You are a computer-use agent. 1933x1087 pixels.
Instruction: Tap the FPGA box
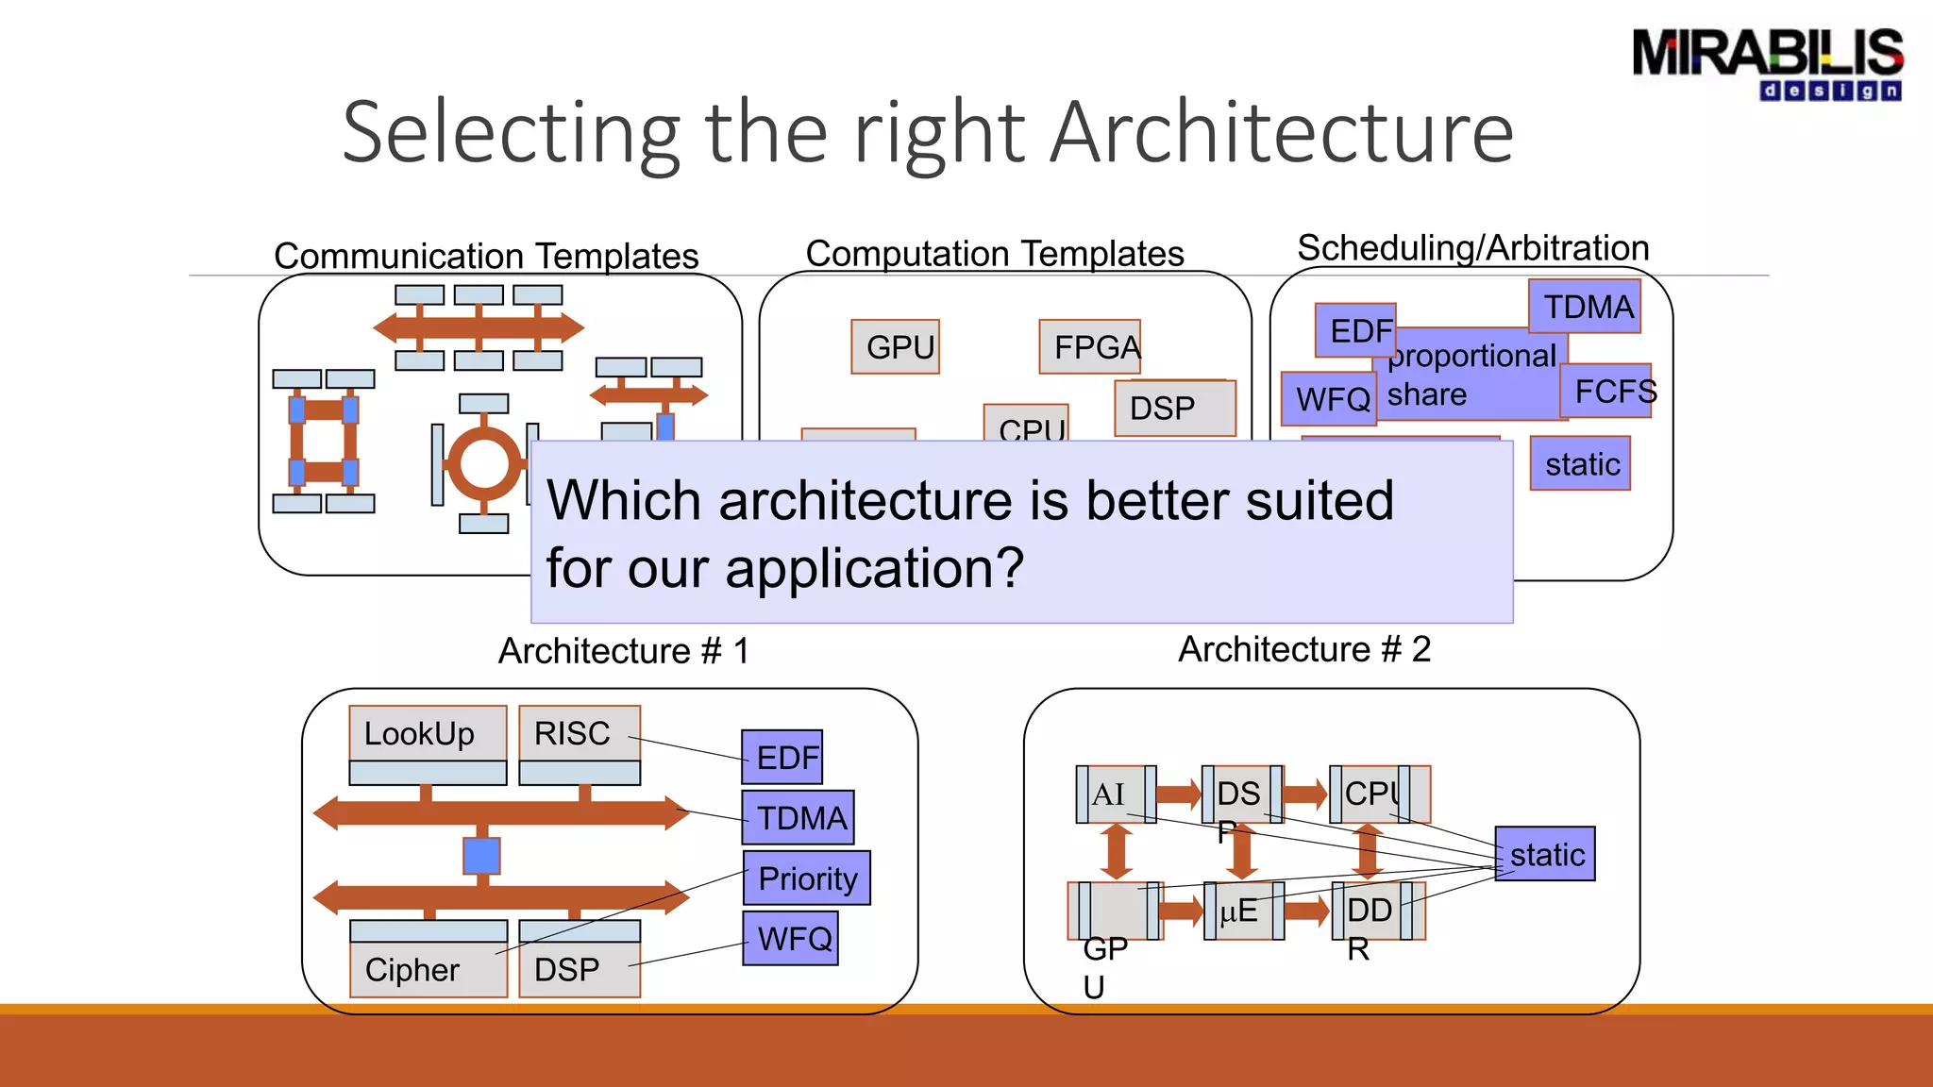click(1090, 347)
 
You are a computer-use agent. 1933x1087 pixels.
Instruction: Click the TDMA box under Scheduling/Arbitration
click(1586, 307)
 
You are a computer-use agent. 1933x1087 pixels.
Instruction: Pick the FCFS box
click(1607, 391)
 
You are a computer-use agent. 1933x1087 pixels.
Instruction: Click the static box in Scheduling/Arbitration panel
click(1581, 463)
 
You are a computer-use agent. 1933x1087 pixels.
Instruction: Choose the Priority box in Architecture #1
click(807, 878)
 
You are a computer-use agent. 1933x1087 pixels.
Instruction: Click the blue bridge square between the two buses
click(481, 856)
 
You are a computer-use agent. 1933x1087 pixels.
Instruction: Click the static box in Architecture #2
click(1545, 854)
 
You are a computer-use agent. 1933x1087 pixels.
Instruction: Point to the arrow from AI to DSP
click(1178, 794)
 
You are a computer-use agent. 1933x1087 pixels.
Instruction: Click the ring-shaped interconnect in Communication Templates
click(484, 463)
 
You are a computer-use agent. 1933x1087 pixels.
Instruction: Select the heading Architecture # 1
click(623, 650)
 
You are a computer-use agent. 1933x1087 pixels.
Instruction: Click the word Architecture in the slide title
click(1281, 132)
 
